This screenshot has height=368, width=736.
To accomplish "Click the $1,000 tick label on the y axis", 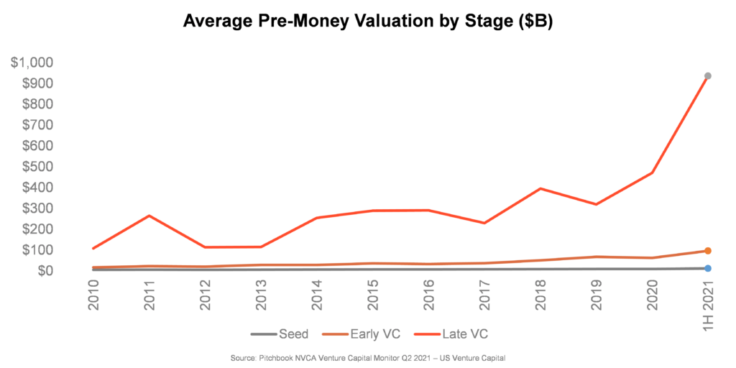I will coord(32,63).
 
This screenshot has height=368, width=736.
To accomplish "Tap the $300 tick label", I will coord(37,208).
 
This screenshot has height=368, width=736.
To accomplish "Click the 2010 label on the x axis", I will coord(93,296).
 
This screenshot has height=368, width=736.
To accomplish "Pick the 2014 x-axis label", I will coord(317,296).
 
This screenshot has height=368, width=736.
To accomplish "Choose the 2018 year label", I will coord(540,296).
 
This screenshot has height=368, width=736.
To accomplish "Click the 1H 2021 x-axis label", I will coord(708,306).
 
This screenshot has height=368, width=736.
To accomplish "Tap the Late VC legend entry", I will coord(456,334).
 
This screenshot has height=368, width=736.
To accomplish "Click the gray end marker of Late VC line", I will coord(708,75).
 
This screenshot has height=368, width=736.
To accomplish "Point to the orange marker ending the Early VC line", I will coord(708,251).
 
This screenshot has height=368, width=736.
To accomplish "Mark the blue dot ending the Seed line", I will coord(708,268).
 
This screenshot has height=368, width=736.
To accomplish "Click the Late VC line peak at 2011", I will coord(149,216).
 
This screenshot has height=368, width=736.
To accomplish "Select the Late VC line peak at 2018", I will coord(540,188).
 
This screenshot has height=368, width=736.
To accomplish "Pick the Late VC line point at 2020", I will coord(652,172).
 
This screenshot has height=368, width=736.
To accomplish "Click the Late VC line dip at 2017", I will coord(484,223).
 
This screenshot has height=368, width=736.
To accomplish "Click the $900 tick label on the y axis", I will coord(37,83).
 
